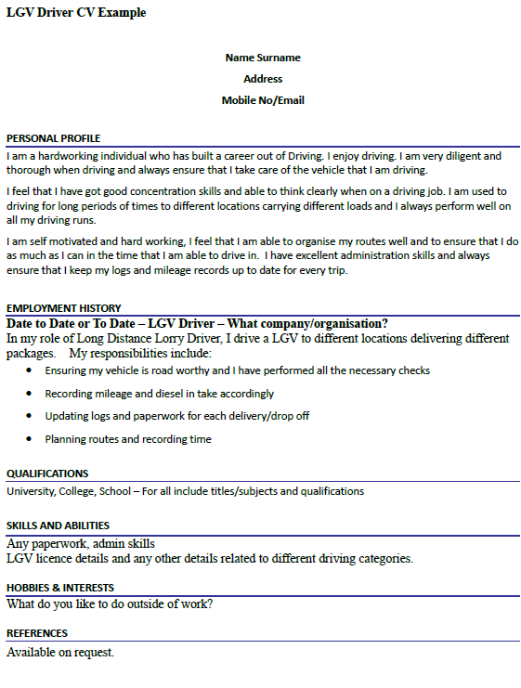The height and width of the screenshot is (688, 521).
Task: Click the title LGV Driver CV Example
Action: [76, 13]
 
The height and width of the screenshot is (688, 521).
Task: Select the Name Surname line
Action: [263, 58]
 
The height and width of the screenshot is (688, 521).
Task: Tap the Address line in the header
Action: [263, 79]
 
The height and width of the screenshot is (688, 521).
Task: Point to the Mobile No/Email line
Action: [263, 100]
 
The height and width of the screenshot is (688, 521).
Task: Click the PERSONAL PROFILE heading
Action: [52, 138]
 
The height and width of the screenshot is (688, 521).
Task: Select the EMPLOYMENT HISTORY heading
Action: [63, 308]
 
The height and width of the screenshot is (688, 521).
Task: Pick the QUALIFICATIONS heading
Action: [47, 474]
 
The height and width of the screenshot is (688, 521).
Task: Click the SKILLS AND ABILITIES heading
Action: [58, 526]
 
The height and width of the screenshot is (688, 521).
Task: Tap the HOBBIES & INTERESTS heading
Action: [60, 588]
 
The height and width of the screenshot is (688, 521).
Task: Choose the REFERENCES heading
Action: [37, 633]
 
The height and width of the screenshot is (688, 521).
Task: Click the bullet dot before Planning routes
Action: [32, 439]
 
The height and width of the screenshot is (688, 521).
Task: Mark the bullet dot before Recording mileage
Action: [32, 394]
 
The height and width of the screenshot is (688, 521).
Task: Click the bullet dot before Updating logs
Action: [32, 417]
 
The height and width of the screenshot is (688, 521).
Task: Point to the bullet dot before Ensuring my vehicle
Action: [32, 370]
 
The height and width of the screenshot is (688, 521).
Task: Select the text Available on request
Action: [60, 652]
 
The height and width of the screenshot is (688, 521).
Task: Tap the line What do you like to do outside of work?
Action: [110, 604]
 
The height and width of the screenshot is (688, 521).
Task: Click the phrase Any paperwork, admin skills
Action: [81, 543]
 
